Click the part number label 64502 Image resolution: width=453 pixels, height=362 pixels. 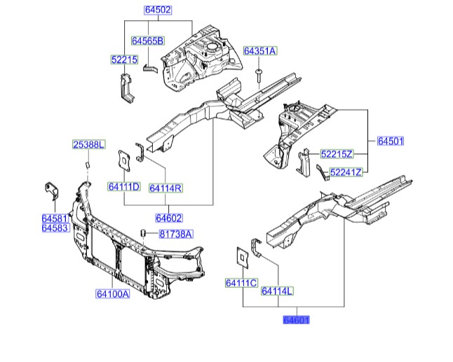[x=158, y=11]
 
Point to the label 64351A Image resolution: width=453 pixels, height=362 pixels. [x=259, y=51]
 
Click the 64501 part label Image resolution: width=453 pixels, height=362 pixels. [x=391, y=141]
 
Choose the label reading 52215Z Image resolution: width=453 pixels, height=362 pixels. [x=337, y=153]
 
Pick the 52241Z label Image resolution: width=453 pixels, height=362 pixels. [x=346, y=172]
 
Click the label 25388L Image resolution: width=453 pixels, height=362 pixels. [x=89, y=145]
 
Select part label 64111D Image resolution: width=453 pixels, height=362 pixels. [x=124, y=187]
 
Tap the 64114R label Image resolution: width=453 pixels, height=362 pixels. [x=166, y=188]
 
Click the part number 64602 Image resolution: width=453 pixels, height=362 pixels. [x=169, y=218]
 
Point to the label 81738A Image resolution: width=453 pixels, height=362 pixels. [x=175, y=234]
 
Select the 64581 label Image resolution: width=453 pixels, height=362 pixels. [x=53, y=219]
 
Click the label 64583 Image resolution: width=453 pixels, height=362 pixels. [x=53, y=228]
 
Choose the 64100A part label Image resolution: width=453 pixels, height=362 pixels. [x=113, y=294]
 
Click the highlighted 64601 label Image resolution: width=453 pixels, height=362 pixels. [x=295, y=320]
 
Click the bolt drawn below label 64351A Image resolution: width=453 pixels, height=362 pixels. [x=259, y=72]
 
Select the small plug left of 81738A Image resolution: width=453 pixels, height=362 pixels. [x=144, y=232]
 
